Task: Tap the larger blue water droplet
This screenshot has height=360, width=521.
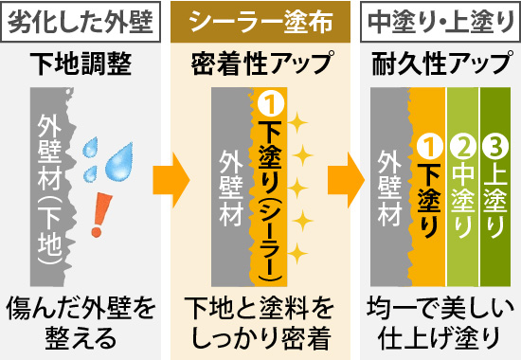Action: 120,163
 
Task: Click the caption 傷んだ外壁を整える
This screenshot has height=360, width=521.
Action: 80,322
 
